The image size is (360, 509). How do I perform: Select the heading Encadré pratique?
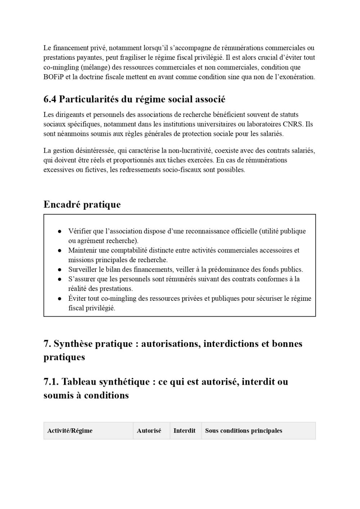click(x=82, y=205)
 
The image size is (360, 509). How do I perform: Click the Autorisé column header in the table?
click(x=149, y=431)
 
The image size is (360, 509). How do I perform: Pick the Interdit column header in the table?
click(x=184, y=431)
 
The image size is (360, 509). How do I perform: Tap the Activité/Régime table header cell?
click(x=70, y=431)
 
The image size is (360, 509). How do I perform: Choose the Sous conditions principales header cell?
click(x=244, y=431)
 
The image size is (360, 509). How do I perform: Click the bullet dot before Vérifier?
click(x=60, y=232)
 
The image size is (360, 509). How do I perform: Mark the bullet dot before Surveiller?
click(x=60, y=270)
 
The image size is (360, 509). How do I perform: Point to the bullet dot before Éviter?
click(x=60, y=299)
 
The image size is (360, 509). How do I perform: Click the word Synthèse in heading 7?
click(x=75, y=344)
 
